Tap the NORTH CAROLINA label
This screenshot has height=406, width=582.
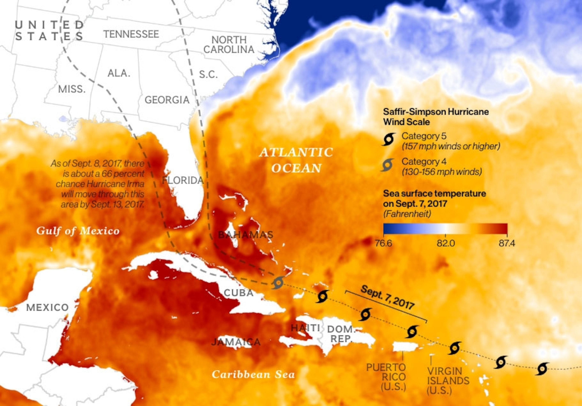229,45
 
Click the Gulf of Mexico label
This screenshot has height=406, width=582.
78,231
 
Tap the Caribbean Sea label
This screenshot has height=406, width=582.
253,374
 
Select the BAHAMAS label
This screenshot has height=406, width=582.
245,235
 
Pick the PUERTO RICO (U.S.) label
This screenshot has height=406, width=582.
386,377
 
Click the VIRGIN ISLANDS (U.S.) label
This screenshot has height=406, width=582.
448,381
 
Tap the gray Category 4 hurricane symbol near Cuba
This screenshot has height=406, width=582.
278,283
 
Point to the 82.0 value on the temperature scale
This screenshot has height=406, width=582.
446,243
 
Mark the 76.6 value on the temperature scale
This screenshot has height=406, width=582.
383,243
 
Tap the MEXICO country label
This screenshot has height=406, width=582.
47,307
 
